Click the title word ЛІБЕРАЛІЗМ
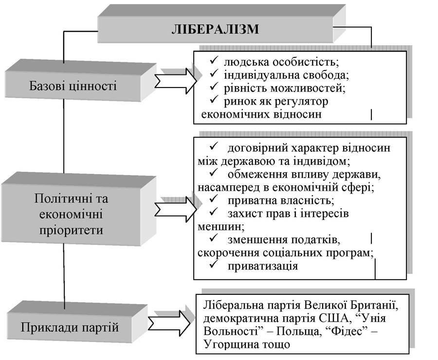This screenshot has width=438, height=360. pyautogui.click(x=215, y=29)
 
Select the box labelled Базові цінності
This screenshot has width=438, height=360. pyautogui.click(x=73, y=85)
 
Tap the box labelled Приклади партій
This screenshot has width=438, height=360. pyautogui.click(x=70, y=327)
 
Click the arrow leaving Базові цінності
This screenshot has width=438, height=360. pyautogui.click(x=175, y=81)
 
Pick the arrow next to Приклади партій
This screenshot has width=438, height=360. pyautogui.click(x=169, y=323)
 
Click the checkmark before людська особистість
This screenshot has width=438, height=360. pyautogui.click(x=214, y=61)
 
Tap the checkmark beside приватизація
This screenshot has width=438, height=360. pyautogui.click(x=214, y=264)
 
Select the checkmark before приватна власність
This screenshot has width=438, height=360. pyautogui.click(x=214, y=199)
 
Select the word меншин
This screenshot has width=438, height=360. pyautogui.click(x=221, y=227)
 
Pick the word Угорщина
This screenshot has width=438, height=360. pyautogui.click(x=231, y=344)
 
